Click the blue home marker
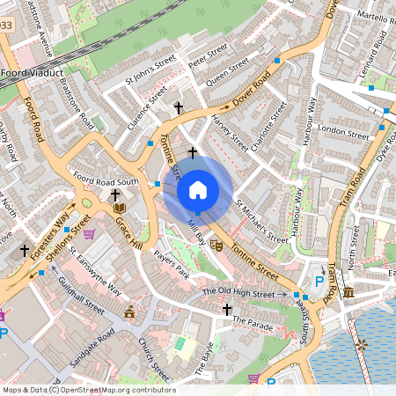198,190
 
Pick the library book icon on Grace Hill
120,209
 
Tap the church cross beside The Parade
227,309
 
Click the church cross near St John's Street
179,107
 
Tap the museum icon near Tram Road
348,291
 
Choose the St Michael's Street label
261,221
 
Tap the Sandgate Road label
94,337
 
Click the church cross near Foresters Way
25,251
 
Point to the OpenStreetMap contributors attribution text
89,390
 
